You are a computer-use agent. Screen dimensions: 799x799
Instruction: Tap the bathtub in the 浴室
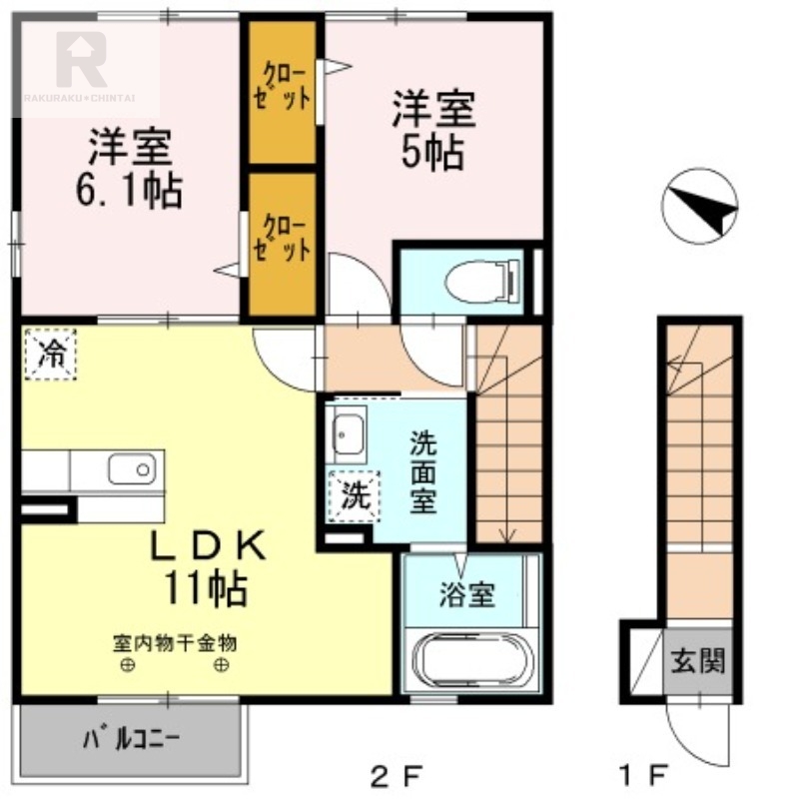tap(469, 660)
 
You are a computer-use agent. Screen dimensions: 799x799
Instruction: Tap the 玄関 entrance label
tap(697, 660)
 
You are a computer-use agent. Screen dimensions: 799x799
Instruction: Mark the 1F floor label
tap(641, 774)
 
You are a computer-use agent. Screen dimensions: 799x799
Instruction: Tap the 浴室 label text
tap(466, 595)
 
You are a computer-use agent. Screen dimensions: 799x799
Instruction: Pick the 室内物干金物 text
tap(174, 643)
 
